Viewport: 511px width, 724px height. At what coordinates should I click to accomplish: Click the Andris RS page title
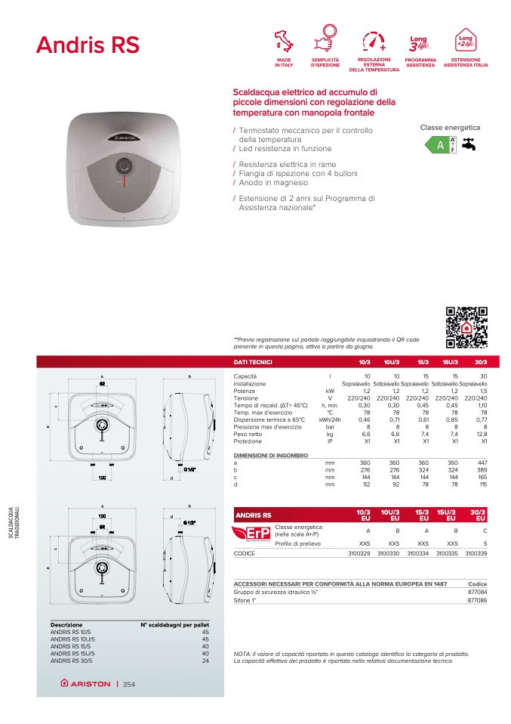point(88,45)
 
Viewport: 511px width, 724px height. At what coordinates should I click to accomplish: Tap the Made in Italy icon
point(284,40)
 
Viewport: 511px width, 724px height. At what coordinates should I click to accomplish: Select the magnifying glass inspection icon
point(325,39)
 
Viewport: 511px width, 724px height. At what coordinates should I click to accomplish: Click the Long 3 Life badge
point(419,40)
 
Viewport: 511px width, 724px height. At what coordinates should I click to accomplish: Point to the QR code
point(467,326)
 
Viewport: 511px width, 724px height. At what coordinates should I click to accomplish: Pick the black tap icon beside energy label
point(469,144)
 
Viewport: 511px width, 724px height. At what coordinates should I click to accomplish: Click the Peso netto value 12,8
point(482,435)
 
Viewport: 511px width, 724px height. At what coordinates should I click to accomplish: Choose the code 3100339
point(476,553)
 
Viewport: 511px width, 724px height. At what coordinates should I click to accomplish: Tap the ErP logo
point(252,535)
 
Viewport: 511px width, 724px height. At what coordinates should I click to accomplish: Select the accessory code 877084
point(477,593)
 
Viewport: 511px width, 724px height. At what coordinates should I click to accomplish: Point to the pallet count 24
point(205,661)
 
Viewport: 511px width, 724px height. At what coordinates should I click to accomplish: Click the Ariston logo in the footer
point(85,684)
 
